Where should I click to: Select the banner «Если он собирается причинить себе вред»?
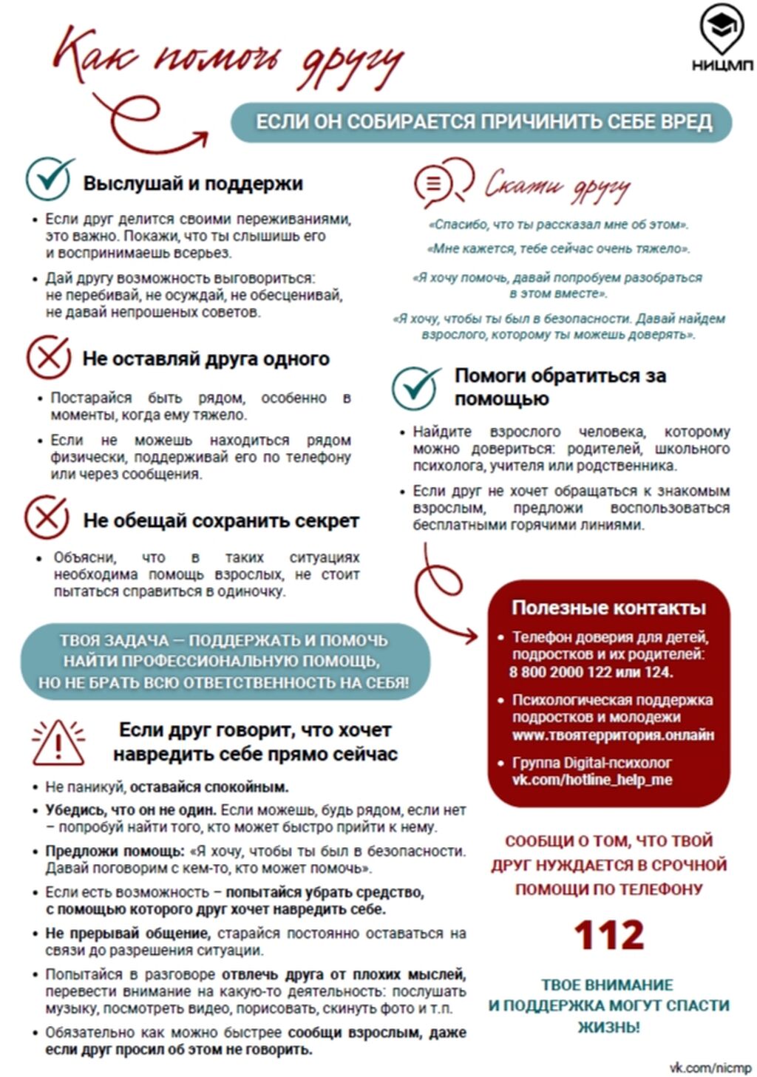(483, 122)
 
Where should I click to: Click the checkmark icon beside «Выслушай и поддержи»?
(49, 179)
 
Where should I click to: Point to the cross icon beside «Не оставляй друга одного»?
(48, 358)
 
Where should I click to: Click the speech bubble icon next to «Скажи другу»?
(442, 182)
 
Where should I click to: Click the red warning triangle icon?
(58, 742)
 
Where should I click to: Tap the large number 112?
(608, 935)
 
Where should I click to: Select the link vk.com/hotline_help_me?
(591, 780)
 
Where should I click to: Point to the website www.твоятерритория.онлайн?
(613, 735)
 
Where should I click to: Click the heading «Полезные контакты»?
(608, 608)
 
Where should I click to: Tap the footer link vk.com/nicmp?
(710, 1067)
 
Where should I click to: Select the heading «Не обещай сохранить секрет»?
(220, 521)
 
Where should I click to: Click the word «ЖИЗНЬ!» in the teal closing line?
(608, 1027)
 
